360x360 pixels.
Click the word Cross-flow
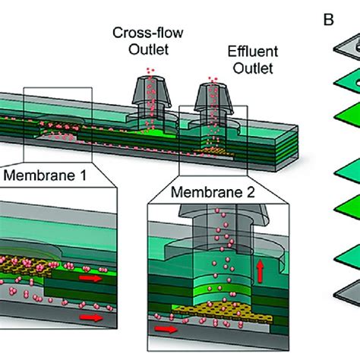point(142,33)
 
